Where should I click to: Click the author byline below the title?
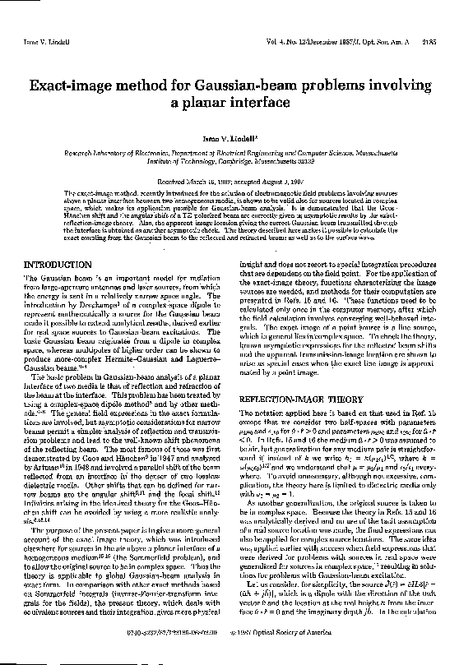point(237,141)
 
